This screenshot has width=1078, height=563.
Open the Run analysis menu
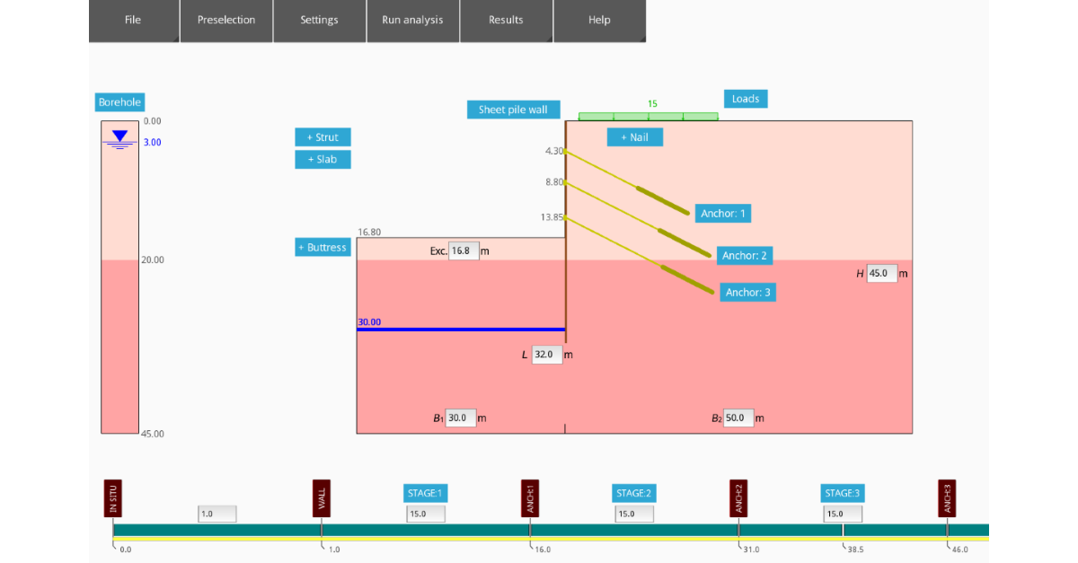pyautogui.click(x=412, y=20)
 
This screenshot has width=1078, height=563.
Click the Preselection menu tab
pyautogui.click(x=226, y=20)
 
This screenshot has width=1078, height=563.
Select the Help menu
pyautogui.click(x=599, y=20)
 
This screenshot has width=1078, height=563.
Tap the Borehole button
pyautogui.click(x=120, y=102)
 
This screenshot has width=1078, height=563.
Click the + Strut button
pyautogui.click(x=323, y=137)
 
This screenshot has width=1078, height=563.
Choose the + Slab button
pyautogui.click(x=323, y=159)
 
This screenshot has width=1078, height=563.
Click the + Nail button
pyautogui.click(x=634, y=137)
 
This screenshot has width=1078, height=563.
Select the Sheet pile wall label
pyautogui.click(x=513, y=110)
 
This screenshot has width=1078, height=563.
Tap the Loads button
pyautogui.click(x=746, y=99)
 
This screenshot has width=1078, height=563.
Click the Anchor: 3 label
pyautogui.click(x=748, y=292)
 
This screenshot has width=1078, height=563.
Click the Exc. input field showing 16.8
pyautogui.click(x=464, y=251)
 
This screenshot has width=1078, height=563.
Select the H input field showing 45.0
pyautogui.click(x=882, y=274)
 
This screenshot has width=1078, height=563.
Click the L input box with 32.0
pyautogui.click(x=546, y=355)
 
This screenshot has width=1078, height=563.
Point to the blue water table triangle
pyautogui.click(x=119, y=136)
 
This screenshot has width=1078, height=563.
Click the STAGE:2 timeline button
pyautogui.click(x=634, y=493)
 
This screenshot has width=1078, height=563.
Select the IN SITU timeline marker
pyautogui.click(x=112, y=498)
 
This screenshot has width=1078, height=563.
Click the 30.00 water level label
pyautogui.click(x=369, y=321)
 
